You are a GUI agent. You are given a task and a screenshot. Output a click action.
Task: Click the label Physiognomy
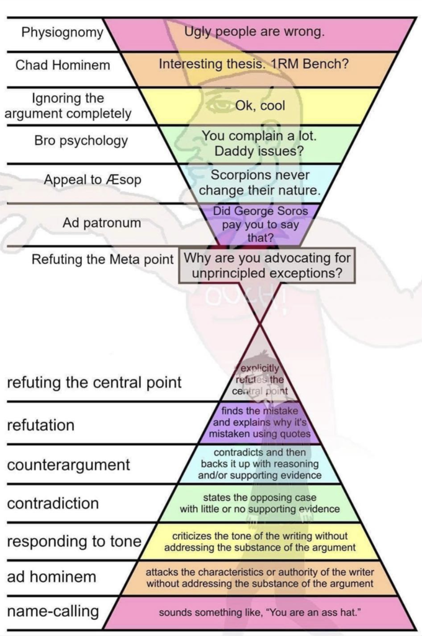61,32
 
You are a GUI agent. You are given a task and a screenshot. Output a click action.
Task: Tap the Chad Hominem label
63,65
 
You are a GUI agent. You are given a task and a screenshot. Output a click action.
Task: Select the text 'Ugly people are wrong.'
254,31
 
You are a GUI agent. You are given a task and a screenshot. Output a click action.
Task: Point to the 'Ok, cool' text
260,105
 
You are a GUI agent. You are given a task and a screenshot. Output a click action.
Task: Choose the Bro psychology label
81,141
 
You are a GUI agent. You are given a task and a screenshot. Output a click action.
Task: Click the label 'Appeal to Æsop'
92,180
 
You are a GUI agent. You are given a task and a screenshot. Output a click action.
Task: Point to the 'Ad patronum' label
102,222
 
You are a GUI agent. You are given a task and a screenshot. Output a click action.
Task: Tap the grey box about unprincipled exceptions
267,265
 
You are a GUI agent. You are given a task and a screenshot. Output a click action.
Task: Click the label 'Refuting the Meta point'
102,258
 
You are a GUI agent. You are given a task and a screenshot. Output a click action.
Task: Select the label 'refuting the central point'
94,382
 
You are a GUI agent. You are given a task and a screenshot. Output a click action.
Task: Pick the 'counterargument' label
68,465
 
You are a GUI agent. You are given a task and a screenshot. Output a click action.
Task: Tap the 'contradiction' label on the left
53,503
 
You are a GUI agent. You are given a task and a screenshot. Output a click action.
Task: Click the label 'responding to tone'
74,541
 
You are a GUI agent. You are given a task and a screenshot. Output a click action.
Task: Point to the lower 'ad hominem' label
52,577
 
